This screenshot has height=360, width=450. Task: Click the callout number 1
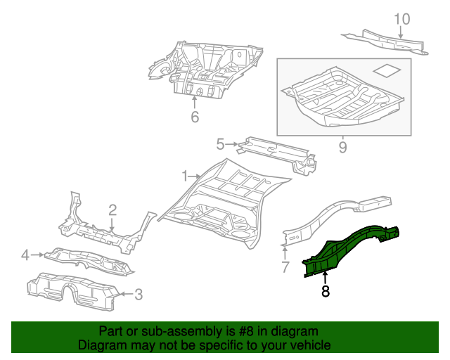click(184, 175)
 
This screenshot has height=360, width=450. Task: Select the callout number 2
click(112, 210)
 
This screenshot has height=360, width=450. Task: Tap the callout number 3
click(138, 294)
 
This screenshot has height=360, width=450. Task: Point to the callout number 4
click(25, 255)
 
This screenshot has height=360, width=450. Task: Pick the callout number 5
click(220, 144)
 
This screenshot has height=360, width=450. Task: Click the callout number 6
click(195, 117)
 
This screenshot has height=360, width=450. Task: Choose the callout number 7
click(285, 266)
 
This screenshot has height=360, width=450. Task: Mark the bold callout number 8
click(325, 291)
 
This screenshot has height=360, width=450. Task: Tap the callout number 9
click(342, 147)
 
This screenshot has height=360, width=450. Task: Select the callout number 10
click(401, 18)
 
